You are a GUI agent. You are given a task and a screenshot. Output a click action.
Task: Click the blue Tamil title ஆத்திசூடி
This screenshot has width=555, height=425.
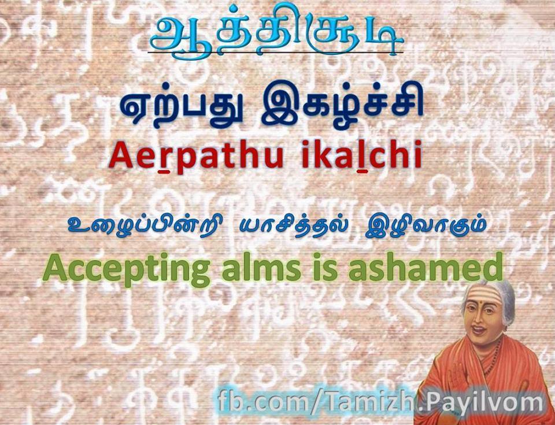pos(276,32)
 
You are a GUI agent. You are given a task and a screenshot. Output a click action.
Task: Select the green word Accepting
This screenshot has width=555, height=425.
pos(125,270)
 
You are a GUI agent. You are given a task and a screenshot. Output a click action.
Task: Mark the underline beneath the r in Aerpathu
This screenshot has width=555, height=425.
pos(164,171)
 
